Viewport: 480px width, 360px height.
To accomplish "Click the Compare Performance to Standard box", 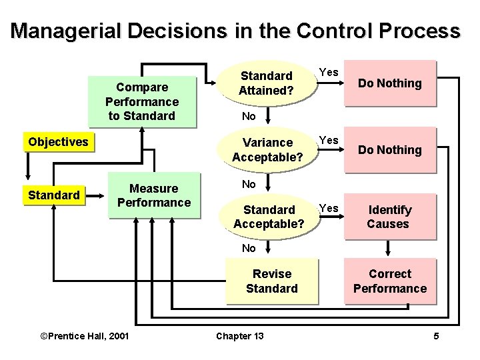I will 142,101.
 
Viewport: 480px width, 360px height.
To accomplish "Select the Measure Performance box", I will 154,195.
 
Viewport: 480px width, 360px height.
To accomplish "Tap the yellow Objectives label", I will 58,142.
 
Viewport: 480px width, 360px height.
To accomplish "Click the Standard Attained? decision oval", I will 267,83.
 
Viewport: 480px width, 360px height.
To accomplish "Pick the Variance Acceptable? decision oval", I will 267,149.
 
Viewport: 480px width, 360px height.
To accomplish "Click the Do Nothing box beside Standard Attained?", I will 390,83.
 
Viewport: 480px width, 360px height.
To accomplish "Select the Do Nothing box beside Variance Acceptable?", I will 390,150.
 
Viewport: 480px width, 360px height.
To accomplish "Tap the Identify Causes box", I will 390,217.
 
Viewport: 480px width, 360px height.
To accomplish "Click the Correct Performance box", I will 390,281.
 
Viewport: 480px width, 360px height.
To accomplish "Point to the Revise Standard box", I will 271,281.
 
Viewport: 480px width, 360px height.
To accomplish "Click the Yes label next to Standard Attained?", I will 329,72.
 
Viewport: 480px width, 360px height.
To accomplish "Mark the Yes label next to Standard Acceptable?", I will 329,208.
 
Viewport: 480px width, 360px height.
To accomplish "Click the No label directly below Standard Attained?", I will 249,115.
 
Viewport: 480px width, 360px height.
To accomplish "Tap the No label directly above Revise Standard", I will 249,248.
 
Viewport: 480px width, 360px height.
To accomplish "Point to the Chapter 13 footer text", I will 239,335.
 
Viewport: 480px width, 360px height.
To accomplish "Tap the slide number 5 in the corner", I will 436,335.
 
